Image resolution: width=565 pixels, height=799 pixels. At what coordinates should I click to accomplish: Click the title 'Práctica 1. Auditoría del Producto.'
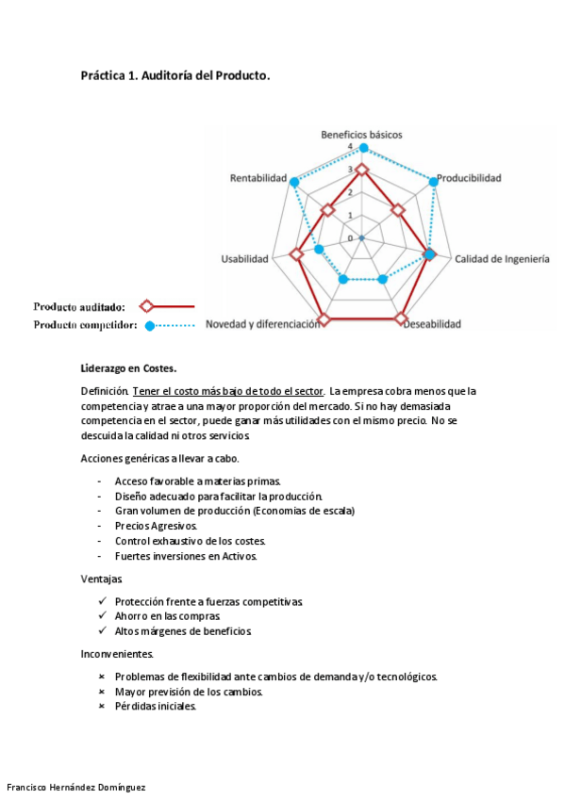175,76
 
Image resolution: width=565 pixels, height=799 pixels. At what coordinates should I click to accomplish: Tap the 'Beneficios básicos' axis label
361,135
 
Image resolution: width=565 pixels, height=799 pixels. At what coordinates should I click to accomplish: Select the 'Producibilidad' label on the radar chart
469,177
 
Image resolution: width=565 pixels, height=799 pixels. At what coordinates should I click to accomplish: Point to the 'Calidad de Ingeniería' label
502,259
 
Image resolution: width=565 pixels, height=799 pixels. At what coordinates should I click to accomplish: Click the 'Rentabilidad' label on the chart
258,177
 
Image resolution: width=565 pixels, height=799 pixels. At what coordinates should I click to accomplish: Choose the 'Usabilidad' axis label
244,259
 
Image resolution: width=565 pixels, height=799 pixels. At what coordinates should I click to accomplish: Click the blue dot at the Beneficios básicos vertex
363,148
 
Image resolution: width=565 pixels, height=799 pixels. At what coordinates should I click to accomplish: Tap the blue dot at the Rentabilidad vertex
293,181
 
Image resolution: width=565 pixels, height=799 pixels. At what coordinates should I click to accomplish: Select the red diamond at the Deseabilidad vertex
402,319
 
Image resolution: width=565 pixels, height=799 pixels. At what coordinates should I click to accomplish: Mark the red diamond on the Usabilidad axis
295,254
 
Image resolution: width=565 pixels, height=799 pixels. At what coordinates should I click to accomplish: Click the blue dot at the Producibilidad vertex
434,181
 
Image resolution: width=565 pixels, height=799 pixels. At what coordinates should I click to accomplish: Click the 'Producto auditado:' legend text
79,306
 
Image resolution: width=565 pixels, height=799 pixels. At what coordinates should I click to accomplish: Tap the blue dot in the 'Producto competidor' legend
149,326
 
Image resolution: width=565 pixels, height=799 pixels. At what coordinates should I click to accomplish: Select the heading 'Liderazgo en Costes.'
128,368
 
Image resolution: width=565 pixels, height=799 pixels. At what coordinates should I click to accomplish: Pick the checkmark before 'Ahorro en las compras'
102,616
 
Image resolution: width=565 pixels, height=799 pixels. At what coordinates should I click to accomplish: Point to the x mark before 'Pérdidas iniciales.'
102,707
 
